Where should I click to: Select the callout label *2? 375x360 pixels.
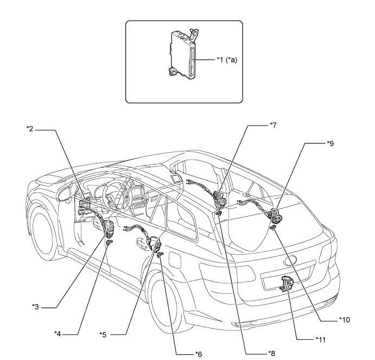[x=30, y=129]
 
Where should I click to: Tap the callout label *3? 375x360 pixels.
[x=35, y=308]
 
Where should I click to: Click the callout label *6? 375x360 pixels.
[x=199, y=353]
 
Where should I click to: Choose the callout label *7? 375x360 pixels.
[x=274, y=125]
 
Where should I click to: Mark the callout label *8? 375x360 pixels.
[x=273, y=353]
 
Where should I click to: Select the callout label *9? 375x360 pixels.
[x=331, y=144]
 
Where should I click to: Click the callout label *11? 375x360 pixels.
[x=321, y=339]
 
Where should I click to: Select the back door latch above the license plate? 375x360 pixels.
[x=285, y=283]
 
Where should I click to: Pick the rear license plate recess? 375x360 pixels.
[x=282, y=285]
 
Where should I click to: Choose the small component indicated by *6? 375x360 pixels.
[x=161, y=255]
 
